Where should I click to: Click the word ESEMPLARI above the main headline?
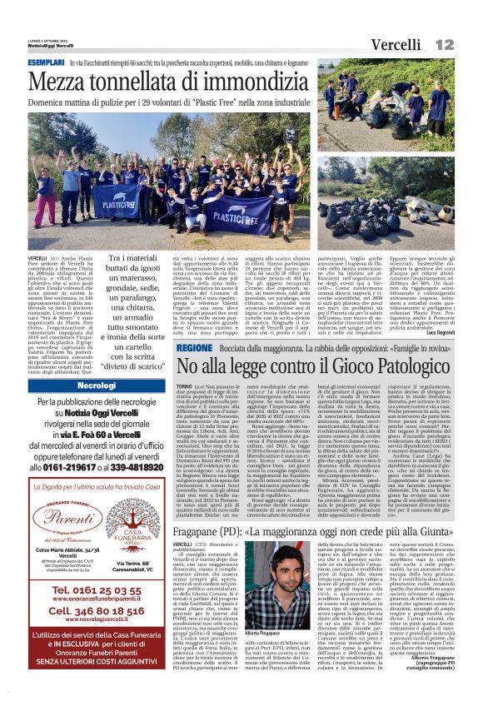click(x=47, y=63)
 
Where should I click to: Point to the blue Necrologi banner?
click(x=97, y=386)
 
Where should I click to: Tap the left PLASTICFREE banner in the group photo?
click(x=117, y=199)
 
